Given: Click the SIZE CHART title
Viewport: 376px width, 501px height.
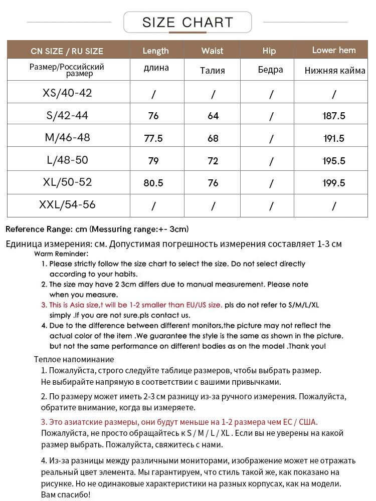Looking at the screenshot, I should pos(187,23).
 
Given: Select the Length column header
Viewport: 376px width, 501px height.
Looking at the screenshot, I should pos(155,51).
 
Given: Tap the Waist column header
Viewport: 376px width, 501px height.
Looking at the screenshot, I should pos(212,51).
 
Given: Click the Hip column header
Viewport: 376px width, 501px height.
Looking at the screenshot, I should pos(269,51).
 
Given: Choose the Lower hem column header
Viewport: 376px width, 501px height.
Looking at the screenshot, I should pos(333,50).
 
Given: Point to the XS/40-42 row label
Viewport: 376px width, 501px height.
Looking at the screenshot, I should pos(67,93).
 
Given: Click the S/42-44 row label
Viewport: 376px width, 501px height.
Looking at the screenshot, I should pos(67,116).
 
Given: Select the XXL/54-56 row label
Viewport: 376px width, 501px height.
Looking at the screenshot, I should pos(67,205).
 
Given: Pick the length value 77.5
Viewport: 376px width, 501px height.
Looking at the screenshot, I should pos(153,138).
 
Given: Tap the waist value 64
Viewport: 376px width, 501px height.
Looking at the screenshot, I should pos(213,116).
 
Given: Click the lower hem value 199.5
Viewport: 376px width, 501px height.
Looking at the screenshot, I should pos(333,183).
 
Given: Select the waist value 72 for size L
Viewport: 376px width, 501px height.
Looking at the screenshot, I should pos(213,161).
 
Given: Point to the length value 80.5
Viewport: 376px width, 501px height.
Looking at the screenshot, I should pos(153,183).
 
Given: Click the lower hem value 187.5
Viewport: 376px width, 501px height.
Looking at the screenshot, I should pos(333,116).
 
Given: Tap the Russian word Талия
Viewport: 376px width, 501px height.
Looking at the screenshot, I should pos(212,71).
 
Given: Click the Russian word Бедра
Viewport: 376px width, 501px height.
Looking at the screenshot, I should pos(270,70).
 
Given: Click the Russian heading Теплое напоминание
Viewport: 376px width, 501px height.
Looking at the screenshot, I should pos(74,359).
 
